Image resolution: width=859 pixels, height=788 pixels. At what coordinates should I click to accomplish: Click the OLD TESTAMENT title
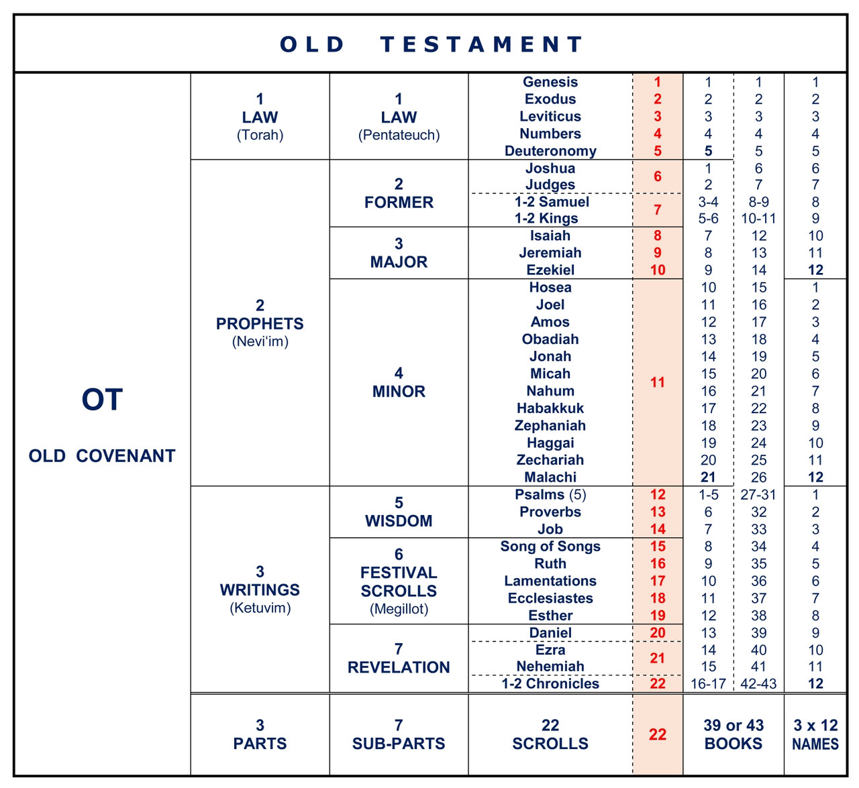pyautogui.click(x=430, y=44)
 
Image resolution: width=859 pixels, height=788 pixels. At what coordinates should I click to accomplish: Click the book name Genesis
pyautogui.click(x=550, y=82)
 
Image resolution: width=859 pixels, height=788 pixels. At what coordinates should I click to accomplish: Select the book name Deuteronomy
pyautogui.click(x=550, y=151)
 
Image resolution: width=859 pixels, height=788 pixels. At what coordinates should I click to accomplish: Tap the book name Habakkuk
pyautogui.click(x=550, y=408)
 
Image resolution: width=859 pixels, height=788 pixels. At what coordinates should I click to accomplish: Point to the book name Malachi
pyautogui.click(x=550, y=477)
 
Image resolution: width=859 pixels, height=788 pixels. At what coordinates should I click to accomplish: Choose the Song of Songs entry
pyautogui.click(x=550, y=547)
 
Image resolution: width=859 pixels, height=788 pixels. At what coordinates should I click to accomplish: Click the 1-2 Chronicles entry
pyautogui.click(x=550, y=684)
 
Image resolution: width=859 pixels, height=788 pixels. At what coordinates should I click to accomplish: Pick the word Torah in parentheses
pyautogui.click(x=260, y=135)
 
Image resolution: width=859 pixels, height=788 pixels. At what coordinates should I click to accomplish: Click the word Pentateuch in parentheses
pyautogui.click(x=399, y=135)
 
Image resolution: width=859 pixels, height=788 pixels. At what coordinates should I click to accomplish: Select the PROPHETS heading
pyautogui.click(x=260, y=324)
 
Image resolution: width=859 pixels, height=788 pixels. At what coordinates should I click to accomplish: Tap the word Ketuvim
pyautogui.click(x=260, y=608)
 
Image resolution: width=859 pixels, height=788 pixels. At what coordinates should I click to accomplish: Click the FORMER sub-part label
pyautogui.click(x=399, y=203)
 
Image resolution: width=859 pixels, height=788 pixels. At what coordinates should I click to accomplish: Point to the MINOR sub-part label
pyautogui.click(x=399, y=392)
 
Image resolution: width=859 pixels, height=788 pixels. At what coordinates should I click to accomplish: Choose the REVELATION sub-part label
pyautogui.click(x=399, y=668)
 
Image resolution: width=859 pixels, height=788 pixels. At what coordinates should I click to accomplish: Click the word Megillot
pyautogui.click(x=399, y=609)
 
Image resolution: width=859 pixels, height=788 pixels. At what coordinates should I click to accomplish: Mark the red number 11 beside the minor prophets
pyautogui.click(x=658, y=382)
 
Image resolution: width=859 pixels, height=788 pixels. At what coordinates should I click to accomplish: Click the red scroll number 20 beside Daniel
pyautogui.click(x=658, y=633)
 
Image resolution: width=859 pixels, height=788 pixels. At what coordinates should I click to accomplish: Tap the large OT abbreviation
pyautogui.click(x=102, y=400)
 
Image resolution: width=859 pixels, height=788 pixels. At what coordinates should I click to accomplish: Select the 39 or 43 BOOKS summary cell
pyautogui.click(x=734, y=734)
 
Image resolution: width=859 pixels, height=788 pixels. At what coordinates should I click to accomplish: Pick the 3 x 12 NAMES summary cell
pyautogui.click(x=815, y=734)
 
